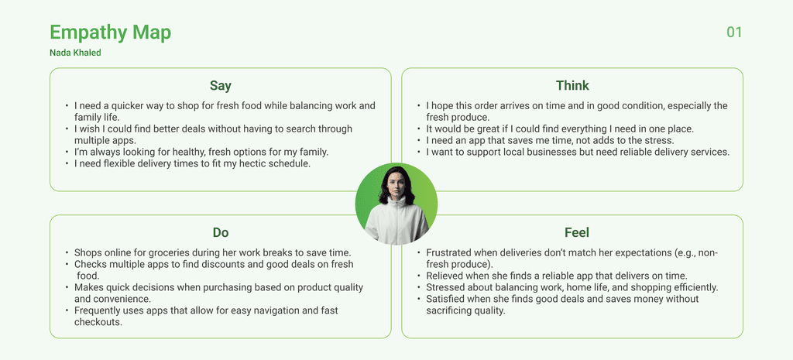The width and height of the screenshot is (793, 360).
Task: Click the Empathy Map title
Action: [x=110, y=33]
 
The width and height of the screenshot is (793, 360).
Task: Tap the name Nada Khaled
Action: [x=75, y=53]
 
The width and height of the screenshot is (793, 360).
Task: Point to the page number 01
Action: [x=734, y=33]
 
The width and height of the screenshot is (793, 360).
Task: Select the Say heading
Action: [x=221, y=86]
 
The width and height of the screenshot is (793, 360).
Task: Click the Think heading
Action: [x=572, y=85]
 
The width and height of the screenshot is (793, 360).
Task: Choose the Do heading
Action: [x=221, y=232]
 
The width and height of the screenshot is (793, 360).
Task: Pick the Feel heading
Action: [x=576, y=232]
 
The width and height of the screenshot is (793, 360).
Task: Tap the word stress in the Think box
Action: [x=661, y=141]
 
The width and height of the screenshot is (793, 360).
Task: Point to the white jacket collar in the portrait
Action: [x=396, y=203]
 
